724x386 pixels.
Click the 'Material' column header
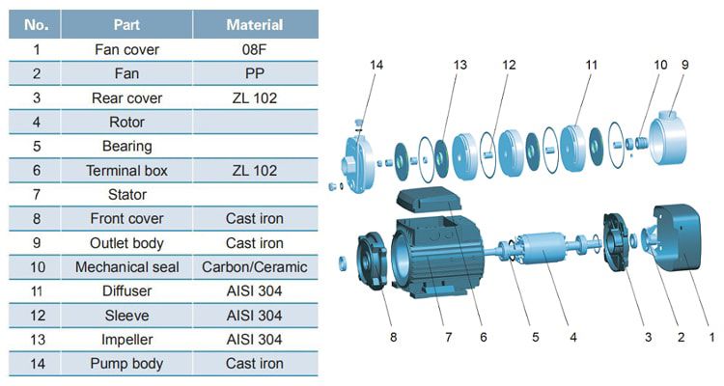tap(255, 24)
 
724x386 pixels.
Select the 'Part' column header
tap(126, 24)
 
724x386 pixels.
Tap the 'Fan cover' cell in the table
tap(126, 49)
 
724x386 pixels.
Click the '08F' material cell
tap(255, 49)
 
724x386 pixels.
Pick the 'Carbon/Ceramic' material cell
tap(255, 267)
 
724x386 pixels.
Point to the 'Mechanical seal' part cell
tap(126, 267)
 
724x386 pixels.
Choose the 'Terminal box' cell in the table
tap(126, 171)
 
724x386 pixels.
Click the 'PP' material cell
tap(255, 73)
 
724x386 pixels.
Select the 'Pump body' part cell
tap(126, 364)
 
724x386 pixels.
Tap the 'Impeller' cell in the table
tap(126, 340)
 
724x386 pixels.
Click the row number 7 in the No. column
tap(36, 195)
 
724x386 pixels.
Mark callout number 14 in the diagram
tap(376, 65)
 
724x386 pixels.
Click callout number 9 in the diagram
tap(684, 65)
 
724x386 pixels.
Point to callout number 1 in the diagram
tap(711, 338)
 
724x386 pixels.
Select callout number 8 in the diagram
tap(393, 338)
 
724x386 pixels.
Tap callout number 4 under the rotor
tap(572, 338)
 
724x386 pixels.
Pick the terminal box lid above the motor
tap(425, 200)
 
